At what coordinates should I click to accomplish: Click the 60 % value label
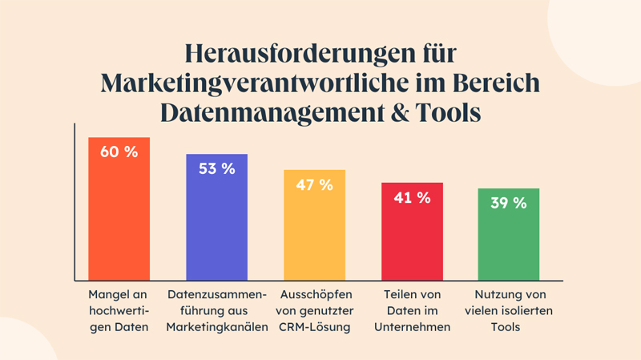click(x=119, y=152)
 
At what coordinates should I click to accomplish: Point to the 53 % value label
click(x=216, y=168)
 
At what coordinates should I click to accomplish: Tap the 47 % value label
click(x=314, y=184)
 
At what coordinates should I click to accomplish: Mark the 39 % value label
click(x=509, y=203)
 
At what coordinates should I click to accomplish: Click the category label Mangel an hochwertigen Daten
click(x=119, y=309)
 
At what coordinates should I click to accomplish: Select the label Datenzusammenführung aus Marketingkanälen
click(x=216, y=309)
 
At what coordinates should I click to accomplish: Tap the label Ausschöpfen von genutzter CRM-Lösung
click(x=313, y=309)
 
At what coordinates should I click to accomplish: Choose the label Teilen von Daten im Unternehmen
click(x=412, y=309)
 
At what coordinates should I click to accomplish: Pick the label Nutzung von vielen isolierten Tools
click(x=509, y=309)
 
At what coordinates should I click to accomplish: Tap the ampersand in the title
click(x=401, y=112)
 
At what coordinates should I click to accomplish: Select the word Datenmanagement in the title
click(x=271, y=112)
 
